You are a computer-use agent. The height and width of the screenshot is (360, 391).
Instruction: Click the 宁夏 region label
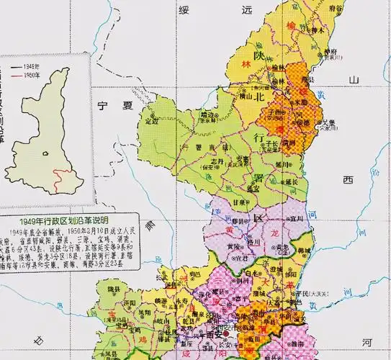pyautogui.click(x=117, y=106)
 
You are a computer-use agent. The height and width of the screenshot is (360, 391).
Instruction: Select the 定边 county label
pyautogui.click(x=152, y=122)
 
